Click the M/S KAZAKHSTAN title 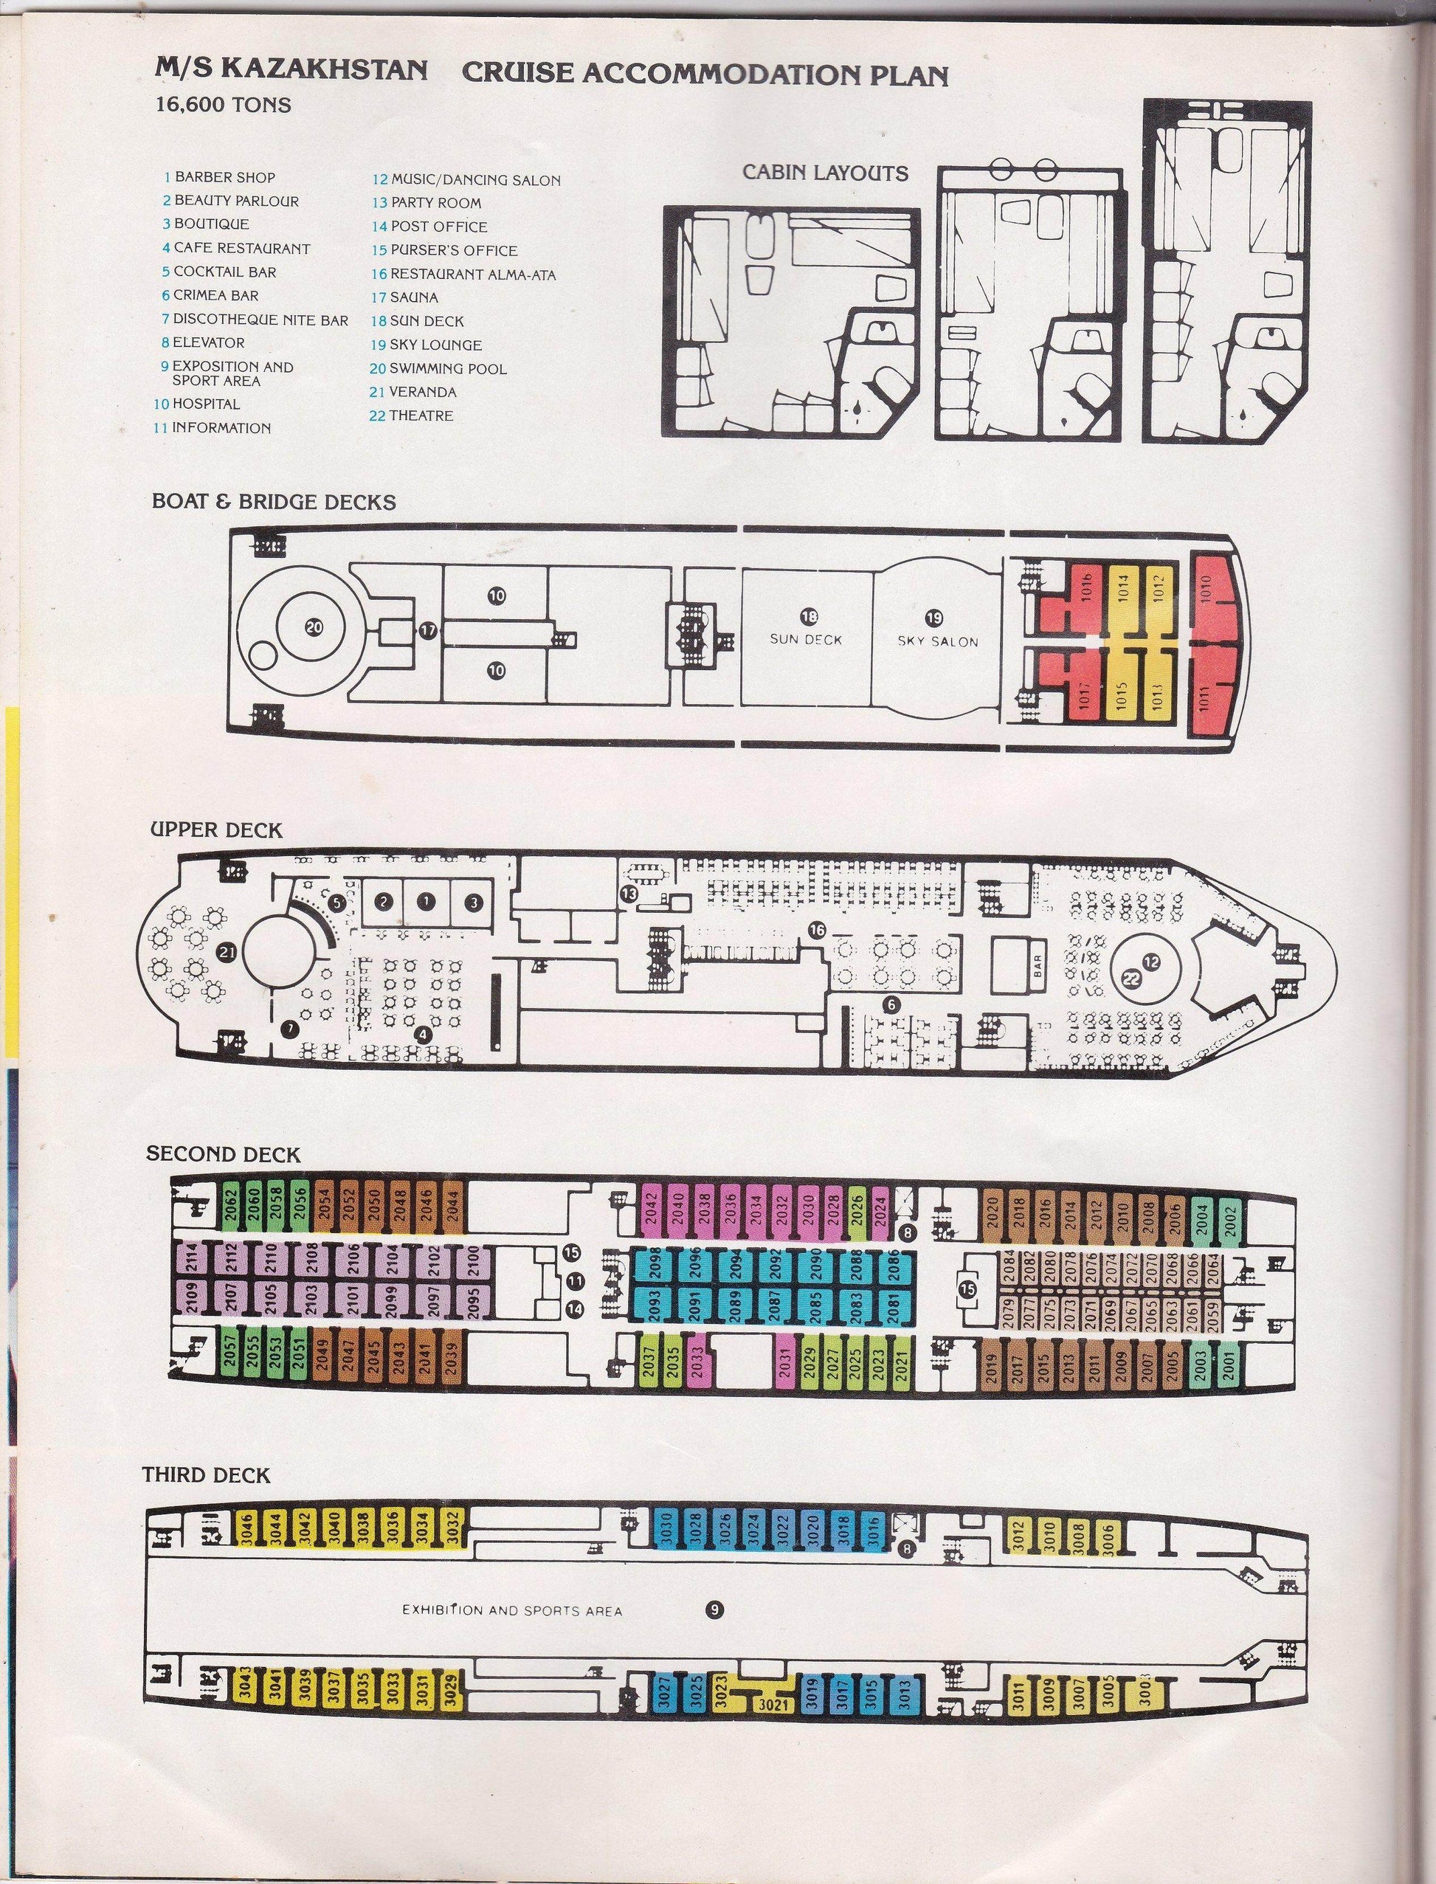coord(291,70)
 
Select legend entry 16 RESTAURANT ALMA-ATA coord(463,275)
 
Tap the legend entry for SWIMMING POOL coord(438,369)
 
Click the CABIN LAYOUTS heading coord(825,173)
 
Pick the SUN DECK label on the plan coord(807,639)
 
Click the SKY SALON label coord(938,641)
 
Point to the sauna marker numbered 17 coord(427,631)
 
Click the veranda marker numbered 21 coord(227,950)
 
